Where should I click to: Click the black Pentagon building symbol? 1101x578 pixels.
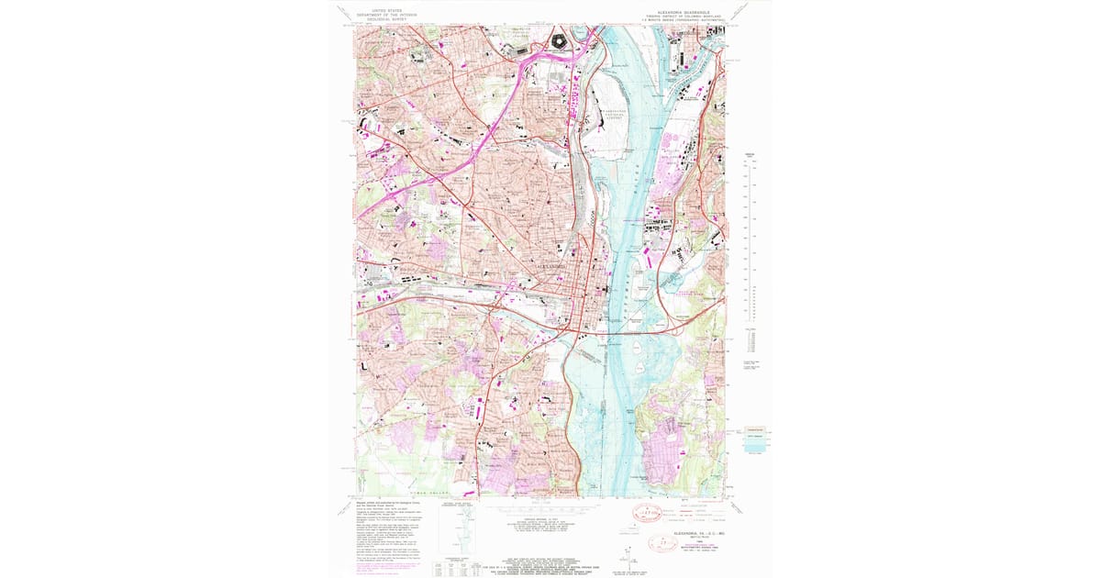point(558,39)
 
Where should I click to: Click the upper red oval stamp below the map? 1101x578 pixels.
point(646,510)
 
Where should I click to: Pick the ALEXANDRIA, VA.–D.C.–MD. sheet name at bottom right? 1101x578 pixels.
point(698,533)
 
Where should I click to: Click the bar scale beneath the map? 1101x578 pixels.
point(541,505)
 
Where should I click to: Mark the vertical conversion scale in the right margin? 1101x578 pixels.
point(747,229)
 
